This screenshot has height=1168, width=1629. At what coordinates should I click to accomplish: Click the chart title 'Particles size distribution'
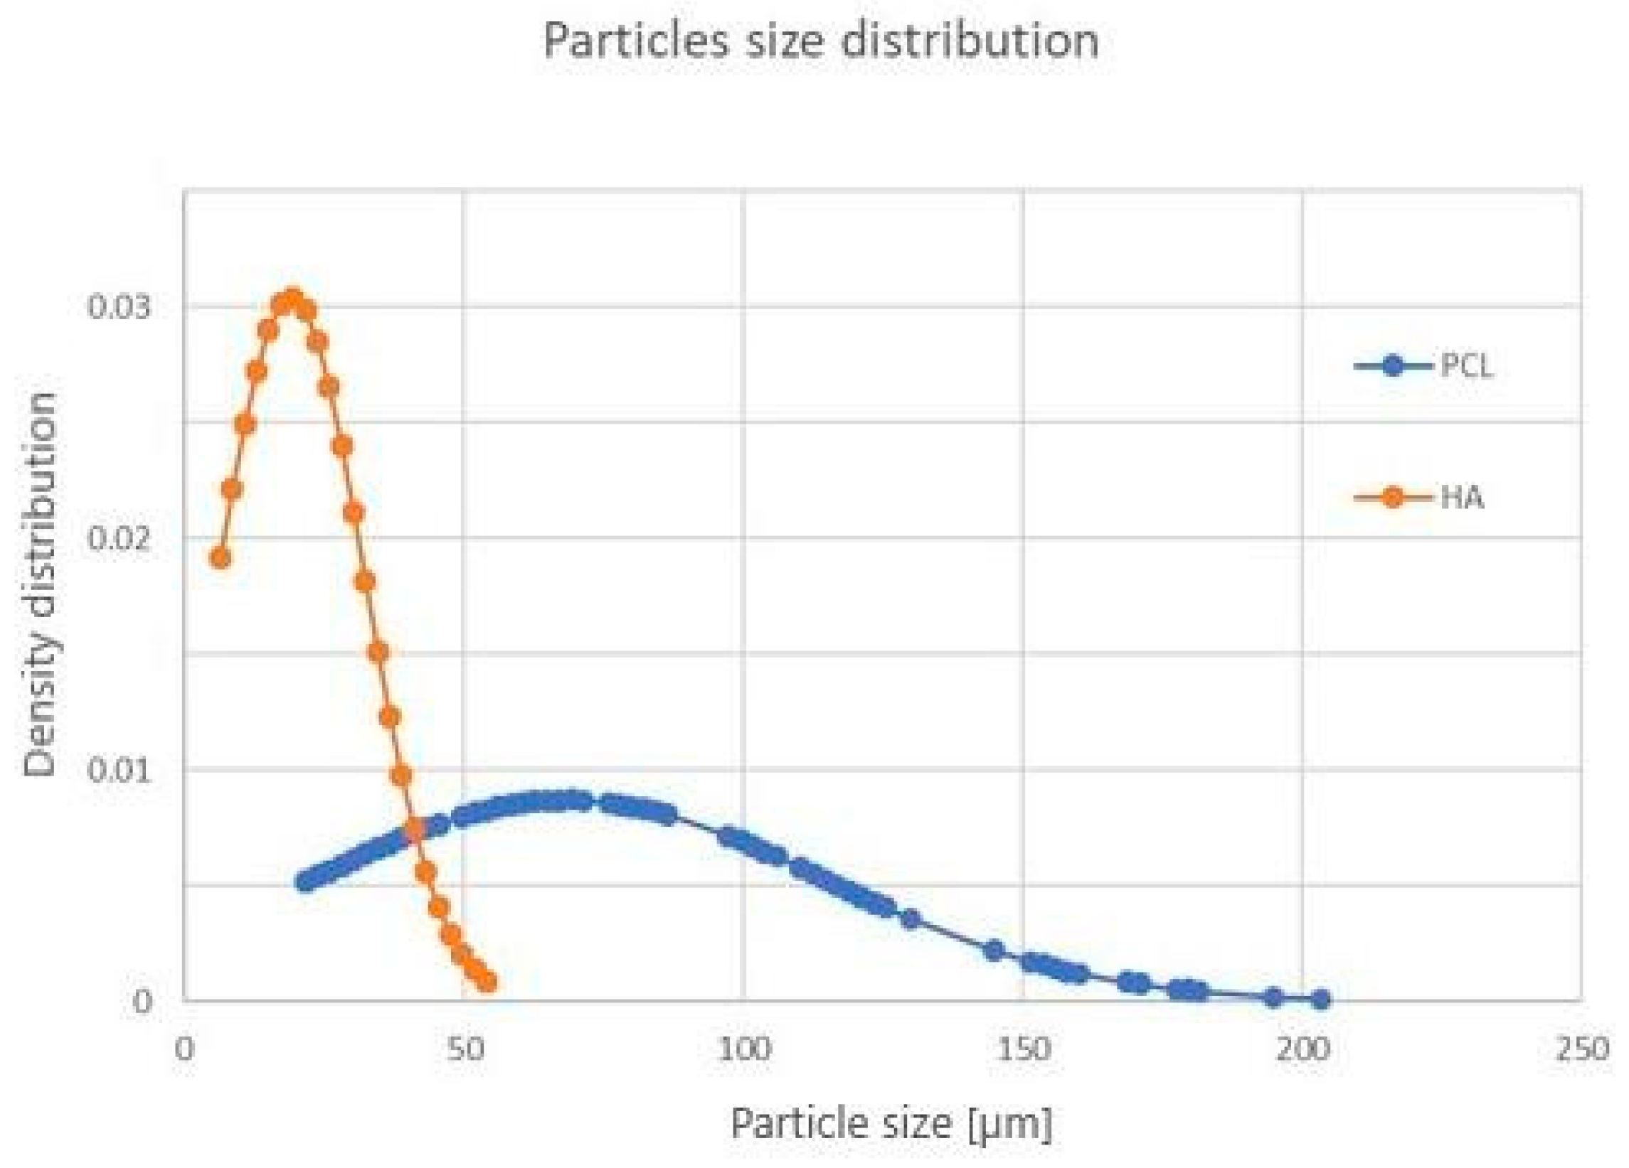(820, 41)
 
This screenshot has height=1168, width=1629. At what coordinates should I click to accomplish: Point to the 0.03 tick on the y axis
(120, 306)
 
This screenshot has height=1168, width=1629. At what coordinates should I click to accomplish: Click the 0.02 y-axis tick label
(120, 537)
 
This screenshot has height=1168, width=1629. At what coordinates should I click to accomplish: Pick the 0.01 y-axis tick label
(120, 770)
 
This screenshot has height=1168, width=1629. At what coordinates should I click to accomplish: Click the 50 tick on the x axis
(465, 1049)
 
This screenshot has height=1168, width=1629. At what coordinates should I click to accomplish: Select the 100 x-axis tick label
(744, 1049)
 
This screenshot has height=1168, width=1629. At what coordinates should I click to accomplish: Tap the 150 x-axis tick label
(1024, 1049)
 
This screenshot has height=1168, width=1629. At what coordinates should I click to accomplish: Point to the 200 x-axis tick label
(1304, 1049)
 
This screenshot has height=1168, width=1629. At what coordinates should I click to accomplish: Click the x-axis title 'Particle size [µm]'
(891, 1123)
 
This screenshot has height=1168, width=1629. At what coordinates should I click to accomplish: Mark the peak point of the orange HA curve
(292, 299)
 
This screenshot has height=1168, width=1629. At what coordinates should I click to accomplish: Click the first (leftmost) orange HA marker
(221, 558)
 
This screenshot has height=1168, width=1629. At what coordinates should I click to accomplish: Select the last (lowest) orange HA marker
(487, 980)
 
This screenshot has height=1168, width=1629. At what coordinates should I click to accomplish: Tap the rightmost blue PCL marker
(1320, 1000)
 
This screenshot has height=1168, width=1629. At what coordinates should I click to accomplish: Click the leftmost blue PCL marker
(307, 881)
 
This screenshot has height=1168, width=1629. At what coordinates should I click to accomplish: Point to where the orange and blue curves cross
(414, 831)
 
